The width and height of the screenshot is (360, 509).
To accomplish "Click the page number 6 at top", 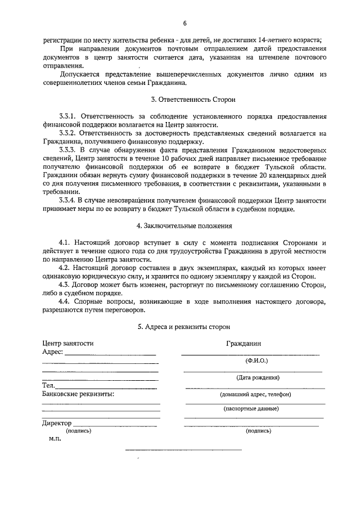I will pos(184,23).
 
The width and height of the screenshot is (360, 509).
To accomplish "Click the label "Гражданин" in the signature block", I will pos(244,343).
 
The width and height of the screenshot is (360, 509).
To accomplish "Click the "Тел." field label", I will pos(48,385).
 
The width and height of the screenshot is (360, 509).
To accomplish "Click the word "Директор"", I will pos(57,423).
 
